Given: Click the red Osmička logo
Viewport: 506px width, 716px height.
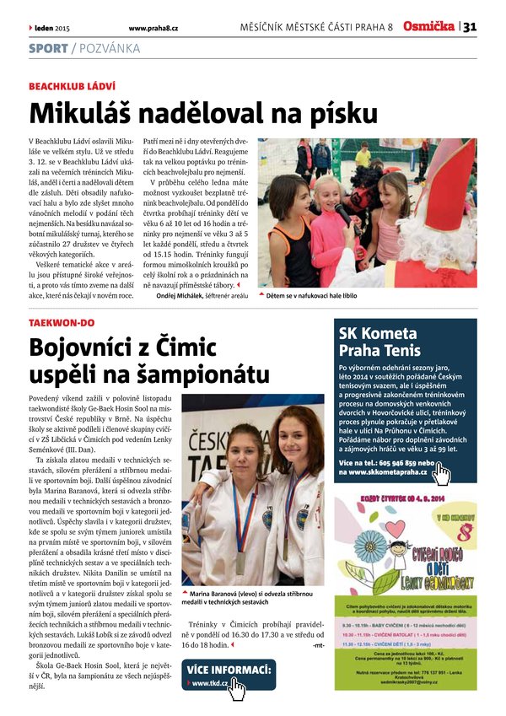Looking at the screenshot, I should [428, 27].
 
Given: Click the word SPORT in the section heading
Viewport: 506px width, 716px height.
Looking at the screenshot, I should [48, 48].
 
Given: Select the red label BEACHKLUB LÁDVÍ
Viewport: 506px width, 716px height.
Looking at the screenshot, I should [72, 87].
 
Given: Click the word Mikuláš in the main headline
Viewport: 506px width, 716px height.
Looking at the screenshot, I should [83, 114].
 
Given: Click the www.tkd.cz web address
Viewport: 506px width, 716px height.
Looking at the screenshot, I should [210, 683].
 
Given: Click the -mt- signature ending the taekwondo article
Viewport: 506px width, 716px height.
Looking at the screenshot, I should [317, 645].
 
